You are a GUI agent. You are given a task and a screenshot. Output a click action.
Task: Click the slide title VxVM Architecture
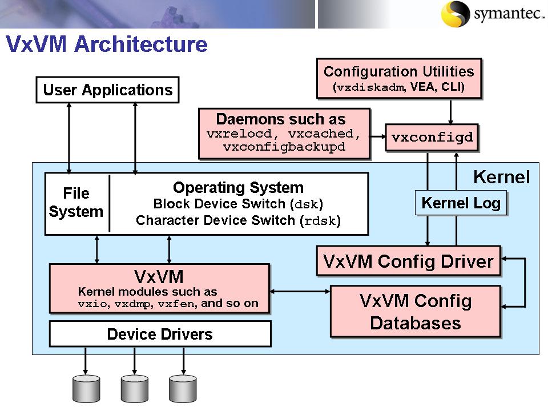107,44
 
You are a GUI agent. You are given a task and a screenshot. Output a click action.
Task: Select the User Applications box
107,90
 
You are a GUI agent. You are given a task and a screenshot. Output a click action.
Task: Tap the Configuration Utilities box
398,79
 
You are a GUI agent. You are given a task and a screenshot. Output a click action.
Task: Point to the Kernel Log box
461,203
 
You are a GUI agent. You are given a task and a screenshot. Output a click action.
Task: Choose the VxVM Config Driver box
408,261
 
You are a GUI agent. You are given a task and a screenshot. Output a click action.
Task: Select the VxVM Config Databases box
415,312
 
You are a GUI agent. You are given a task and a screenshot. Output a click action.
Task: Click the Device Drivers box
160,334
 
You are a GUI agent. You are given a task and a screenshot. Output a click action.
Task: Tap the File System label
76,203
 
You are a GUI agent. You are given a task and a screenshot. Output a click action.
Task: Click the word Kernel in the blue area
502,177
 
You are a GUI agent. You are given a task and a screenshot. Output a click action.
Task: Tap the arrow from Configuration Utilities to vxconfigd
451,112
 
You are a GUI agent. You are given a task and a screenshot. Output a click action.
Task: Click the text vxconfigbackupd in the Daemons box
284,147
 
